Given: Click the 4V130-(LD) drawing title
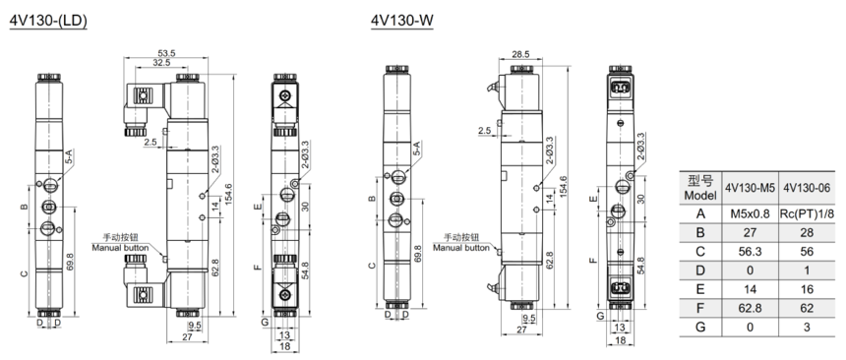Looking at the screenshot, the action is coord(48,20).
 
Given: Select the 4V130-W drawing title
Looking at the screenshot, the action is coord(402,20).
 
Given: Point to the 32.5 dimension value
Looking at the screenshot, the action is coord(161,63).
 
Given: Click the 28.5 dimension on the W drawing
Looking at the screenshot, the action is coord(520,54).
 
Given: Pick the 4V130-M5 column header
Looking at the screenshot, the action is coord(750,188).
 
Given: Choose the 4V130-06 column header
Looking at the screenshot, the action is coord(809,188).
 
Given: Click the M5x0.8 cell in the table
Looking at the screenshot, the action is coord(750,214).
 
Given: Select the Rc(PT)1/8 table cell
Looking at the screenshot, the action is coord(808,214).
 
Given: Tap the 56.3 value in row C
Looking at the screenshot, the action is coord(750,252).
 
